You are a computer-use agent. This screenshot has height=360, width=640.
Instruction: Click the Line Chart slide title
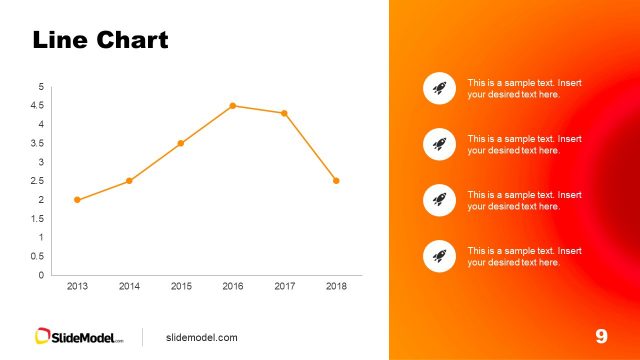100,41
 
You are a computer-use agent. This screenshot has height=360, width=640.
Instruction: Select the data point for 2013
77,200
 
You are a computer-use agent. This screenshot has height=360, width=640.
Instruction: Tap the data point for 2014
129,181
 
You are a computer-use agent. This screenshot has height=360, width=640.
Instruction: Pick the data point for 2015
181,143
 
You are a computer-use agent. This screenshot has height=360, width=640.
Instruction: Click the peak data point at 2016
233,106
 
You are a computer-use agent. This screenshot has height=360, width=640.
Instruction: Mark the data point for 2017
284,113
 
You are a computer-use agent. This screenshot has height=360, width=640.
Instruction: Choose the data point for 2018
336,181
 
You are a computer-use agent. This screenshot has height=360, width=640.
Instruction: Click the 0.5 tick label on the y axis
38,256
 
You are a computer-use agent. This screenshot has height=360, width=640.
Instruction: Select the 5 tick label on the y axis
41,87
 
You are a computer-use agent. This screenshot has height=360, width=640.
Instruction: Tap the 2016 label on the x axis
233,286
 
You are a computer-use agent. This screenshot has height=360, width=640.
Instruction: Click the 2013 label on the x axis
77,286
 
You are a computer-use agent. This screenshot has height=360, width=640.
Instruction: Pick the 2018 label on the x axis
336,286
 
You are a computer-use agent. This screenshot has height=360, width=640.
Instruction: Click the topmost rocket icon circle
439,88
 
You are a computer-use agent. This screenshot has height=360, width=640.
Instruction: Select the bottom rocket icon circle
439,256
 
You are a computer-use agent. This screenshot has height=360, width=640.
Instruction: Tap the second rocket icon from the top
439,144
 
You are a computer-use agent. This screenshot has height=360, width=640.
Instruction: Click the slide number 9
601,336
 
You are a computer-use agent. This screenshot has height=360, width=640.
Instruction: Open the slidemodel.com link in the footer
201,337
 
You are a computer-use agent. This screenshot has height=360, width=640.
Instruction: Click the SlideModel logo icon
44,337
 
